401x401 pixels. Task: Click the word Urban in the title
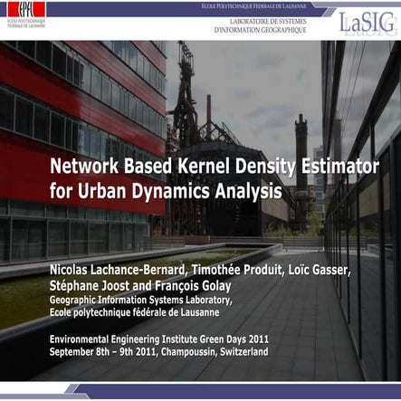click(x=98, y=192)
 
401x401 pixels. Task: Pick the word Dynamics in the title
click(x=168, y=192)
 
